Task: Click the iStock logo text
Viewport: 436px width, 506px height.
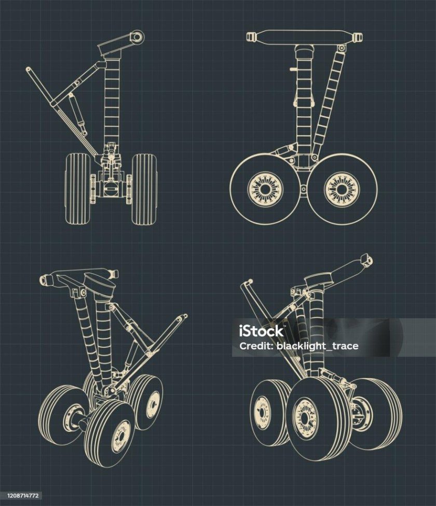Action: (x=261, y=331)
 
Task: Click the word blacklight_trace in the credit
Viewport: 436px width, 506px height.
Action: (x=318, y=346)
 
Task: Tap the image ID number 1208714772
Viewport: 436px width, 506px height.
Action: (x=22, y=495)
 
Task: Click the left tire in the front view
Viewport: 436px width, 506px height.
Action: (x=78, y=189)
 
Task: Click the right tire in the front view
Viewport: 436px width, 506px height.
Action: (x=144, y=189)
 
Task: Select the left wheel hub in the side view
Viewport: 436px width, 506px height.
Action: (x=265, y=189)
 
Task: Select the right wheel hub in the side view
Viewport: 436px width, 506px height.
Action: (x=342, y=189)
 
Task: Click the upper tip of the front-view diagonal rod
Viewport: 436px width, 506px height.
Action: (x=28, y=69)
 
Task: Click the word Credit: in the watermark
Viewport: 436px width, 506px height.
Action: (x=256, y=346)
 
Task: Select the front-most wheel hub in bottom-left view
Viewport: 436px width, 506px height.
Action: (x=121, y=437)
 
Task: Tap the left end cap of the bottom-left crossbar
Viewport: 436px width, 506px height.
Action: (x=46, y=280)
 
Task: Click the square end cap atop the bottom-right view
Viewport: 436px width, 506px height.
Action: (x=366, y=260)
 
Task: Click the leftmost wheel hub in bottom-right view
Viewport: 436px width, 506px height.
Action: (x=262, y=413)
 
